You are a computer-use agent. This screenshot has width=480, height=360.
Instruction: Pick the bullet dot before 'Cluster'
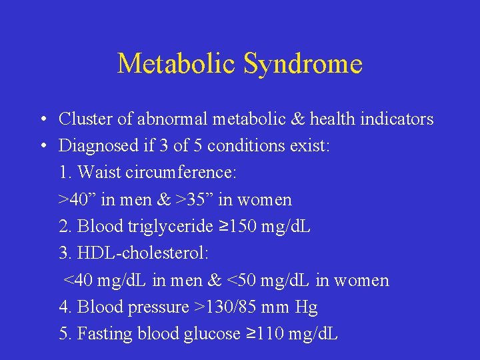(x=41, y=120)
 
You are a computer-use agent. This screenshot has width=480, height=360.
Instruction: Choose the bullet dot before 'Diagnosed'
(x=41, y=147)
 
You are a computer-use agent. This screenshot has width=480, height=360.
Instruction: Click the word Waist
(x=97, y=173)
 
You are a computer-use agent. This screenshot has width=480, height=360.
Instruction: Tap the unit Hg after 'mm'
(x=307, y=307)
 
